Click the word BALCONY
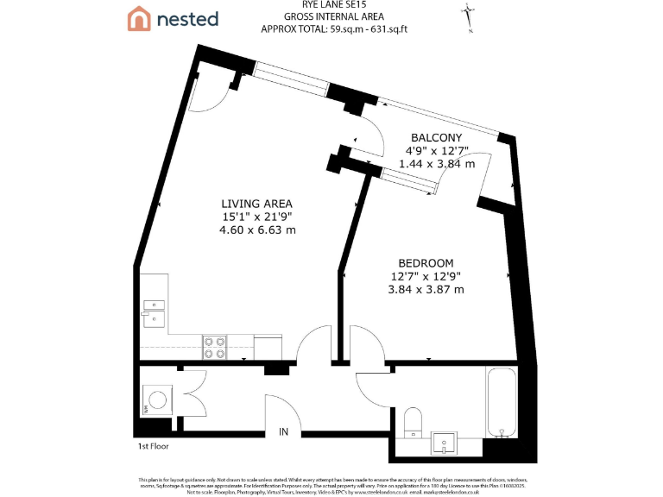(x=436, y=138)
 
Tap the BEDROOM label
(x=426, y=262)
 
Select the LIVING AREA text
(x=257, y=204)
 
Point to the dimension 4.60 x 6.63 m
(x=257, y=230)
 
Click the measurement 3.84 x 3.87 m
(x=426, y=289)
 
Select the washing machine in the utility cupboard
(x=158, y=399)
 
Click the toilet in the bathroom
(x=413, y=420)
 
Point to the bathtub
(x=501, y=402)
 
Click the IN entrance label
(x=282, y=431)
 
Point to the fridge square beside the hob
(x=268, y=345)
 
